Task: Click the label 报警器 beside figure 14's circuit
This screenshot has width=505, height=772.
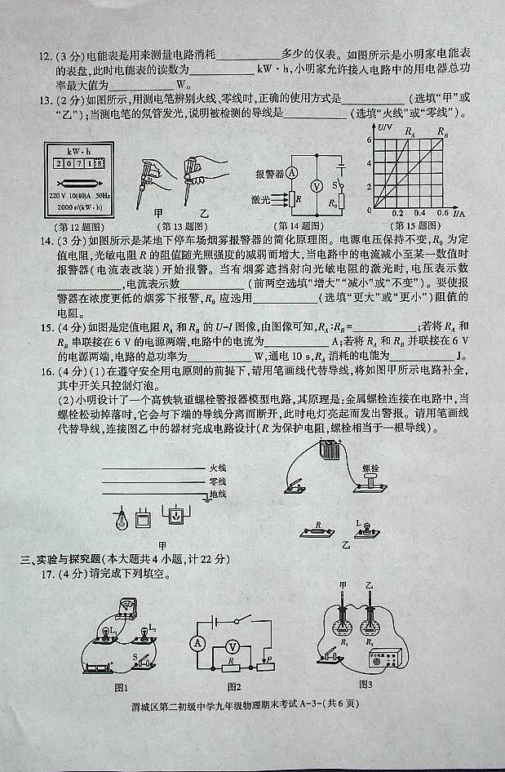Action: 268,174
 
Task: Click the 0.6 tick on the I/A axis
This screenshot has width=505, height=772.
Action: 443,214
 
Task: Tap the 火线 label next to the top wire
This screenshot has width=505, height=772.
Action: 217,468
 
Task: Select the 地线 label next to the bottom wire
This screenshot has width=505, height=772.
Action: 217,494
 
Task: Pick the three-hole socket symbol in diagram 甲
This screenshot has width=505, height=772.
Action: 176,516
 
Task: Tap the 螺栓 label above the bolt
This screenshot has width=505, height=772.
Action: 371,468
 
